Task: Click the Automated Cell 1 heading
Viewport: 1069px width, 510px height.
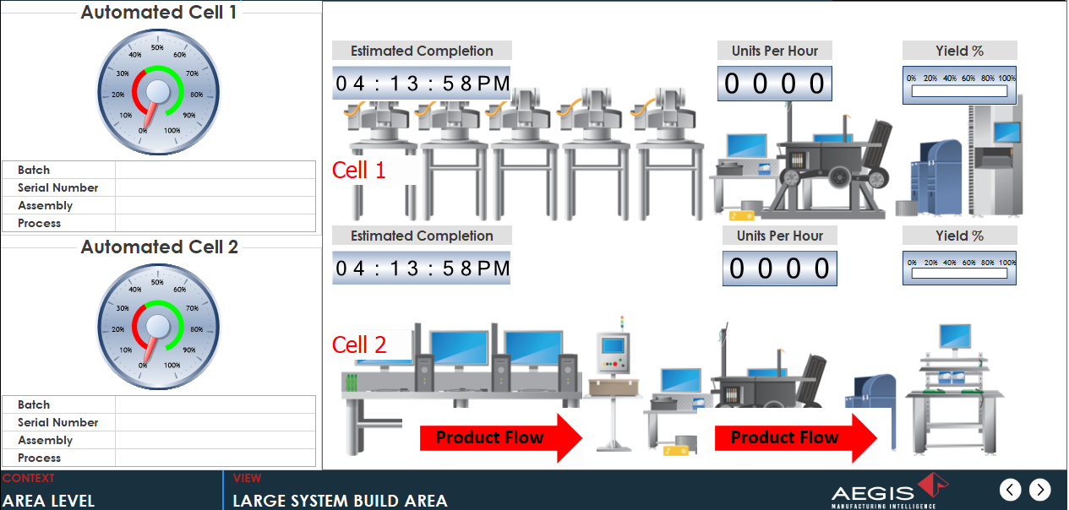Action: pos(159,13)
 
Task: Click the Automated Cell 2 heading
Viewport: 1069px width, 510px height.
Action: pos(159,247)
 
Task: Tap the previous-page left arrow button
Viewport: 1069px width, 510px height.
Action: pos(1011,489)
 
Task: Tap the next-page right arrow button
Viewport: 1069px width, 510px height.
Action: pos(1040,489)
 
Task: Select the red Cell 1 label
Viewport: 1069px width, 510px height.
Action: pos(358,171)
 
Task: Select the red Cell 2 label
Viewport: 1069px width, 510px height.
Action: pos(358,345)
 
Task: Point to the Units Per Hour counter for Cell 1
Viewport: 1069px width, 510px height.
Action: pos(775,84)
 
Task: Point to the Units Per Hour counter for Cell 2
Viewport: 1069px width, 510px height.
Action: pos(779,269)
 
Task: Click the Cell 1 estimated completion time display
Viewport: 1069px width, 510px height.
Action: pos(423,84)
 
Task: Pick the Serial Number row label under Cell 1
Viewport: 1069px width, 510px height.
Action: pos(58,188)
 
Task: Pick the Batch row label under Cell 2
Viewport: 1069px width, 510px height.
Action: pos(34,405)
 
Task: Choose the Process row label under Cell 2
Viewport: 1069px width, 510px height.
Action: pos(40,458)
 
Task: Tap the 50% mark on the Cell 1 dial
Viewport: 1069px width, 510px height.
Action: pos(157,47)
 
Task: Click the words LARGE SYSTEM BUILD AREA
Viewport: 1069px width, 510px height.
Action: pos(340,501)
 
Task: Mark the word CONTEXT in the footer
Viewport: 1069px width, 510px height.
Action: pos(29,479)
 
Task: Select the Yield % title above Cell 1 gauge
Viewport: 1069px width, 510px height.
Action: pos(959,51)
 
